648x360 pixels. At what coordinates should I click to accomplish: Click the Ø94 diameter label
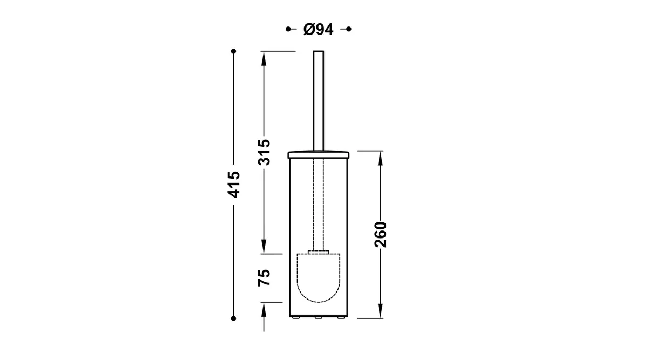[318, 29]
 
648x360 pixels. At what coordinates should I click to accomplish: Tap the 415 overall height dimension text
[234, 185]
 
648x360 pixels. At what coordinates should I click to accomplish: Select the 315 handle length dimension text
[264, 152]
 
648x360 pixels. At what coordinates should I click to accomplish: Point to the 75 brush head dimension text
[264, 277]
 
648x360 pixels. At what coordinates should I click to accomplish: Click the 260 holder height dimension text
[381, 234]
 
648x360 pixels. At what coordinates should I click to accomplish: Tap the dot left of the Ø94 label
[288, 29]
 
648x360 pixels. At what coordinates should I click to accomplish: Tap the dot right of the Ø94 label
[349, 29]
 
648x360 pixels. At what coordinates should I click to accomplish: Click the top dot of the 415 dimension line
[233, 51]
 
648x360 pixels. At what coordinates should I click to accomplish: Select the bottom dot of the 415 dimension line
[233, 318]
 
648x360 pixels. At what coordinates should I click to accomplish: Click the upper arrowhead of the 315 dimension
[264, 59]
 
